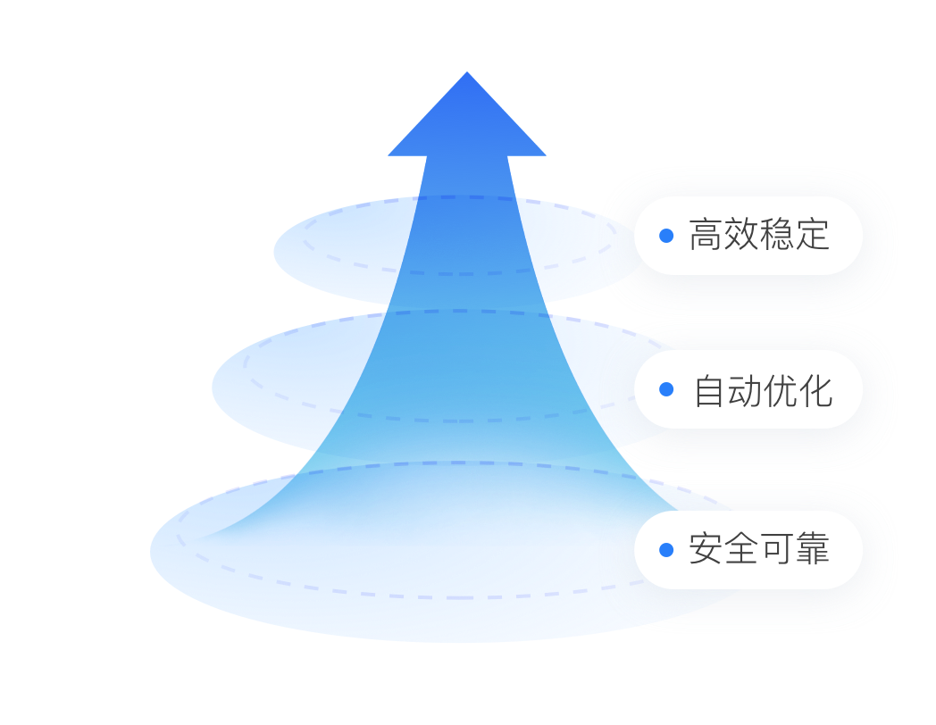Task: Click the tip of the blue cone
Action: [467, 75]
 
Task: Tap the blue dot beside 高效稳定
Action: [666, 236]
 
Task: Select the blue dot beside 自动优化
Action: [666, 389]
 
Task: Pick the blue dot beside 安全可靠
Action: [666, 549]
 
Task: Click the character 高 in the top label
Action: [706, 236]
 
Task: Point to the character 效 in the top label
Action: [741, 236]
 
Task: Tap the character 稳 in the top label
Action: [777, 236]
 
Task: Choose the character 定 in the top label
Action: [813, 236]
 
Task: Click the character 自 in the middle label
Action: [710, 391]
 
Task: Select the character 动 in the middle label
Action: [745, 391]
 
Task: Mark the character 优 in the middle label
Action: [781, 391]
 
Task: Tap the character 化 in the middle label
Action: [816, 391]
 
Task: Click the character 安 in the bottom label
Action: [706, 549]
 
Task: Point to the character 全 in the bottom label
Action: [741, 549]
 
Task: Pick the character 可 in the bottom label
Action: [777, 549]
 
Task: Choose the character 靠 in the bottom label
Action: [813, 549]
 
